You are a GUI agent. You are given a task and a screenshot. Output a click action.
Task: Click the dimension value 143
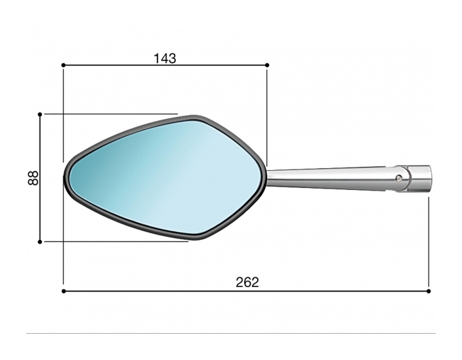165,58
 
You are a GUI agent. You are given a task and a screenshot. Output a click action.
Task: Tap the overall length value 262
247,282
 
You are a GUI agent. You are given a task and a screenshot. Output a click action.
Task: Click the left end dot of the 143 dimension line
63,65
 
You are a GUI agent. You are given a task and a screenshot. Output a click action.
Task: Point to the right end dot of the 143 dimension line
267,65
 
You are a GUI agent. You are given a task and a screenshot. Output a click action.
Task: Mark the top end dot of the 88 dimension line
40,114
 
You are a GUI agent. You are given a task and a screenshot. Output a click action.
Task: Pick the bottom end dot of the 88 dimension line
40,241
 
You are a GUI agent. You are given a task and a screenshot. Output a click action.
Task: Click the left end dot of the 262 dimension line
63,290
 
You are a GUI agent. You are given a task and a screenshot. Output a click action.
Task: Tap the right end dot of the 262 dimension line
429,290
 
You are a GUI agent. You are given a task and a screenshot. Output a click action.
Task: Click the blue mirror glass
164,177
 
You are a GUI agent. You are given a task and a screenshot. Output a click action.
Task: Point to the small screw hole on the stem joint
400,177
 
